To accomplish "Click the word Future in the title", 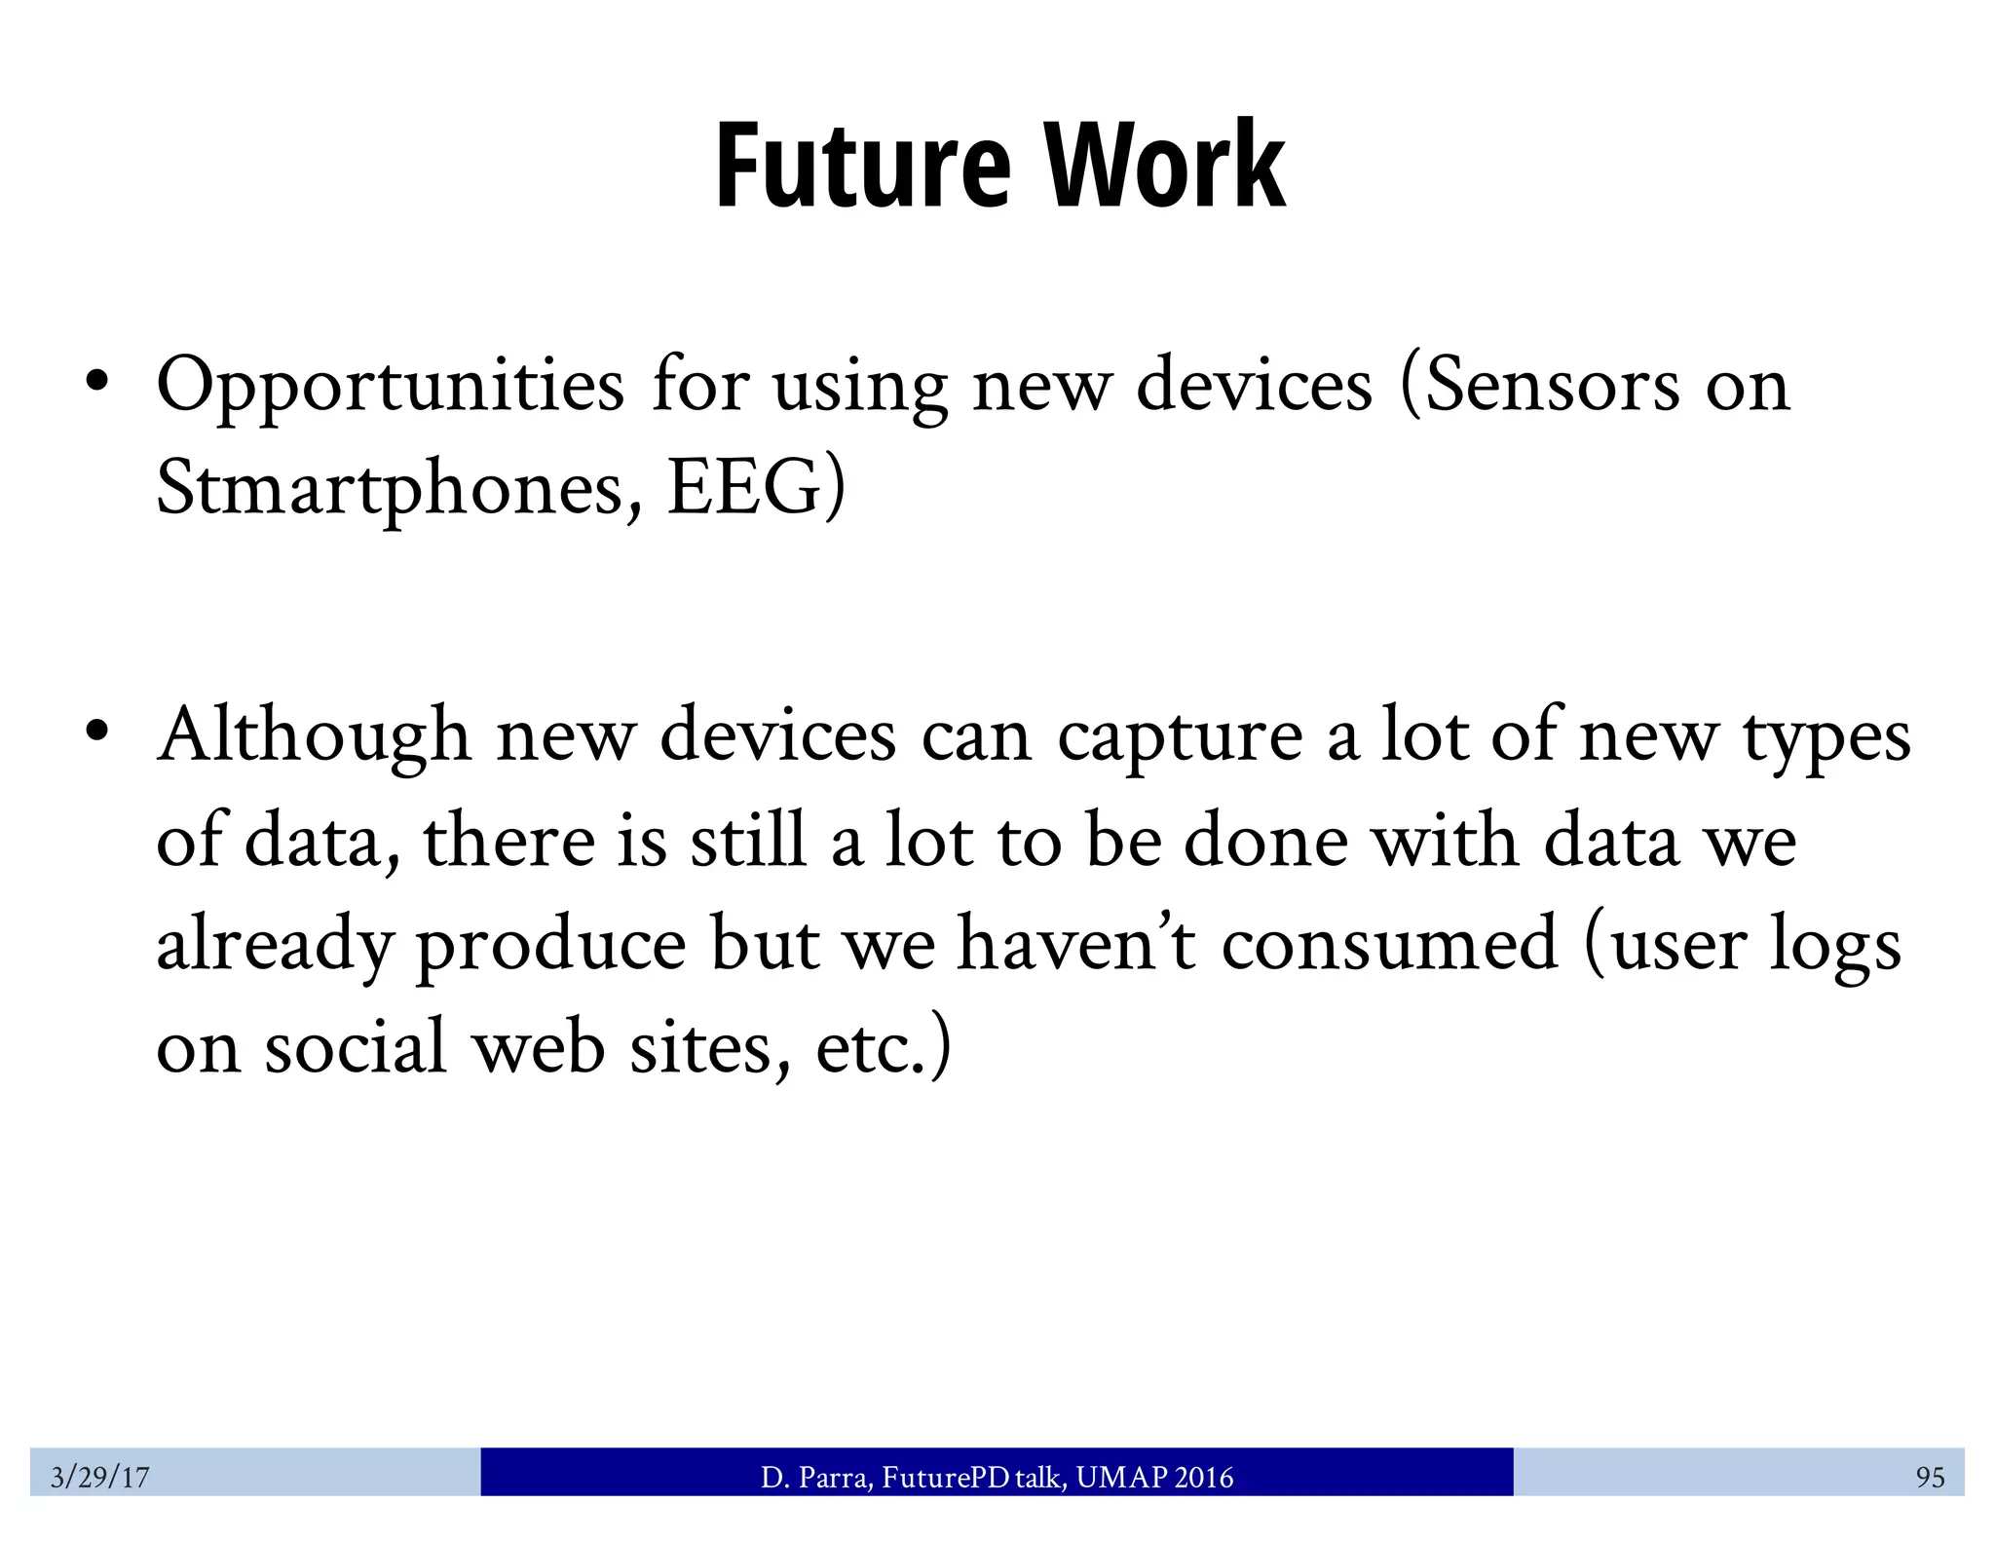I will point(863,166).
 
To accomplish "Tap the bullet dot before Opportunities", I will point(95,381).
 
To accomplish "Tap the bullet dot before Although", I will point(95,731).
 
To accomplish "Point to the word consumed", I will point(1389,945).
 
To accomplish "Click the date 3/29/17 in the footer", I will point(99,1478).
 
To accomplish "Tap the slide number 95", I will point(1930,1478).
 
